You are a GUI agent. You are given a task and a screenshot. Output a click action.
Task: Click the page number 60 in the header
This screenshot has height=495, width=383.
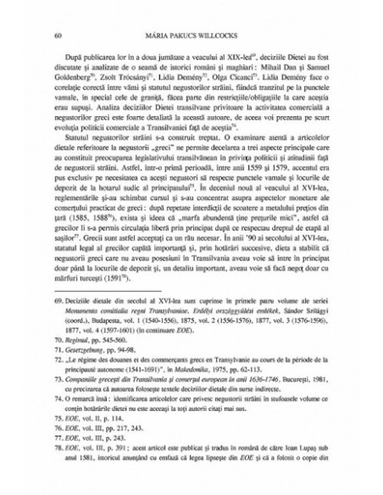point(55,36)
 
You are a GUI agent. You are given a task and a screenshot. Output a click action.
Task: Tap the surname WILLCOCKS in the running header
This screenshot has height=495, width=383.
point(213,36)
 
